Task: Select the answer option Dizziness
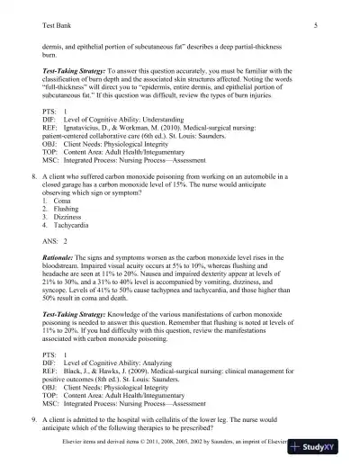(67, 221)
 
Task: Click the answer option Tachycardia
(70, 229)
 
